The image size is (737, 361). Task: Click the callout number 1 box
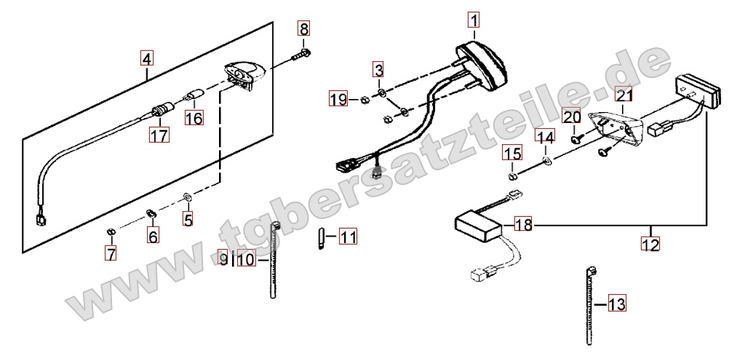click(x=474, y=20)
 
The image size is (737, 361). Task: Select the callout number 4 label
click(x=147, y=59)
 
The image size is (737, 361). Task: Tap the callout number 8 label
click(x=304, y=29)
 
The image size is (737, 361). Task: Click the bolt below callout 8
click(x=300, y=55)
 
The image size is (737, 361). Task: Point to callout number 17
click(x=159, y=135)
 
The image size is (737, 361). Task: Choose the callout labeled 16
click(x=194, y=117)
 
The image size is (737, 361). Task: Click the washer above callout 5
click(x=187, y=196)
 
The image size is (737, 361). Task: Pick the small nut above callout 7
click(x=111, y=231)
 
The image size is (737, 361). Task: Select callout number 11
click(x=348, y=237)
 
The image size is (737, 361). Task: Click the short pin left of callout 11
click(x=322, y=238)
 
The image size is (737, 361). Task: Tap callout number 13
click(x=617, y=304)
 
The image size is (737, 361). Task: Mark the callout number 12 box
click(x=650, y=244)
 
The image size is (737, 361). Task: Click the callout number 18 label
click(x=524, y=225)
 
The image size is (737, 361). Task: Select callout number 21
click(x=624, y=96)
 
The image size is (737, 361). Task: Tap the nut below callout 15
click(x=512, y=176)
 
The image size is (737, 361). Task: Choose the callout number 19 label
click(x=338, y=99)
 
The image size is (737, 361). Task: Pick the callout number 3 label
click(x=379, y=70)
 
